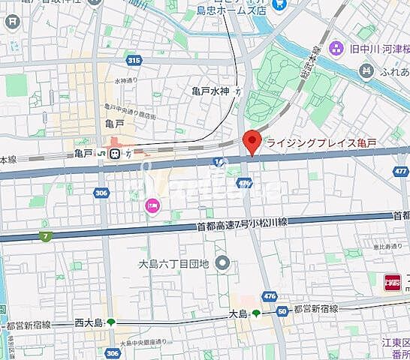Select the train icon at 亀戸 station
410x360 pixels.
pos(115,154)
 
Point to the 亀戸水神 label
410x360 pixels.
pos(210,91)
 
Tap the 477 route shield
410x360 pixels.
pos(400,171)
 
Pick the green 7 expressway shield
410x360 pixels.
pos(47,237)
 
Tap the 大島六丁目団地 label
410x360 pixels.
pos(174,262)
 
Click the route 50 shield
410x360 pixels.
pos(282,311)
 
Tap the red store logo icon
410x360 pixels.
pos(392,282)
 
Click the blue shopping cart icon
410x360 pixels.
pos(279,4)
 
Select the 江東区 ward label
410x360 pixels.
pos(395,322)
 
